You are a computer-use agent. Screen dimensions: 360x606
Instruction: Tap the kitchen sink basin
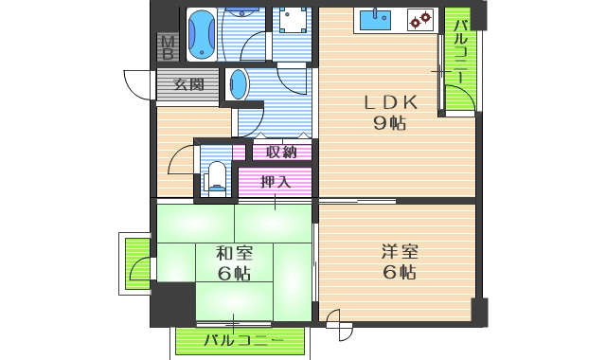[x=383, y=19]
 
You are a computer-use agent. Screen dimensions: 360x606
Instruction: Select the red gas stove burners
[x=420, y=18]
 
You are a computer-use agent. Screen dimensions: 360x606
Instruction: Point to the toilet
[x=217, y=176]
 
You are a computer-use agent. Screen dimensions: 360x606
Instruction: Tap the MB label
[x=168, y=45]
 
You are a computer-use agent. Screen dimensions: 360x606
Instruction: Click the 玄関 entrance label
[x=188, y=84]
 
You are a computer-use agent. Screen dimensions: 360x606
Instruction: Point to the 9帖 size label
[x=388, y=122]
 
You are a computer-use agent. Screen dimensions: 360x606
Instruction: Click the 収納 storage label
[x=281, y=152]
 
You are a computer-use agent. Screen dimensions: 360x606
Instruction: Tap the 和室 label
[x=233, y=253]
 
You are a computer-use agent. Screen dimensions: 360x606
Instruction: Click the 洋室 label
[x=399, y=252]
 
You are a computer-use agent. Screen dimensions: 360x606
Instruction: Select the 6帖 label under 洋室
[x=399, y=273]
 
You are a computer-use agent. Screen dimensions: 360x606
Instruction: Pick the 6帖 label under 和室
[x=233, y=274]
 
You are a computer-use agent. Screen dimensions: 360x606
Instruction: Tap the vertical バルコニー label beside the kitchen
[x=460, y=53]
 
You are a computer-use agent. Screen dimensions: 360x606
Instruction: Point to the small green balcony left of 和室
[x=137, y=263]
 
